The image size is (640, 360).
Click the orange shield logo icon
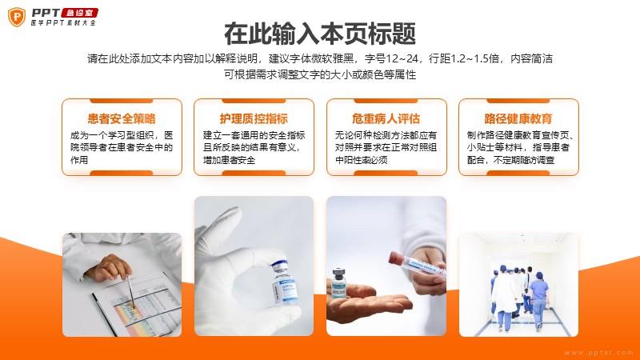(x=17, y=17)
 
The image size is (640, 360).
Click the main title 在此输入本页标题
(x=320, y=34)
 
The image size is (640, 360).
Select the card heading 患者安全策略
(x=122, y=118)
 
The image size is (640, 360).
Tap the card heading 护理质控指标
(x=254, y=118)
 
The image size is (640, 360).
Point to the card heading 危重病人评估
(x=386, y=118)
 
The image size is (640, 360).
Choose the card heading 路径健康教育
(x=518, y=118)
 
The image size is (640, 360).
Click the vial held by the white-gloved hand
(x=284, y=282)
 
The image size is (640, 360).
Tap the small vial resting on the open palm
(x=339, y=282)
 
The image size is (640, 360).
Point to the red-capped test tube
(x=415, y=265)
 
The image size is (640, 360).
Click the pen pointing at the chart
(x=131, y=292)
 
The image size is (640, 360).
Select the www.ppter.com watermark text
(x=598, y=353)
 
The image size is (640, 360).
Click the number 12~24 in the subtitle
(x=402, y=58)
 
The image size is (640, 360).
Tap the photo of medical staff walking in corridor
(x=518, y=285)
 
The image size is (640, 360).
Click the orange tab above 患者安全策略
(x=122, y=101)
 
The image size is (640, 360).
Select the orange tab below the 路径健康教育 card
(x=518, y=173)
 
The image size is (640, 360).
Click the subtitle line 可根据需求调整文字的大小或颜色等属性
(x=320, y=74)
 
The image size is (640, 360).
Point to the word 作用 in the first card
(x=78, y=160)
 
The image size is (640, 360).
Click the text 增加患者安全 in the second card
(x=229, y=160)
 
